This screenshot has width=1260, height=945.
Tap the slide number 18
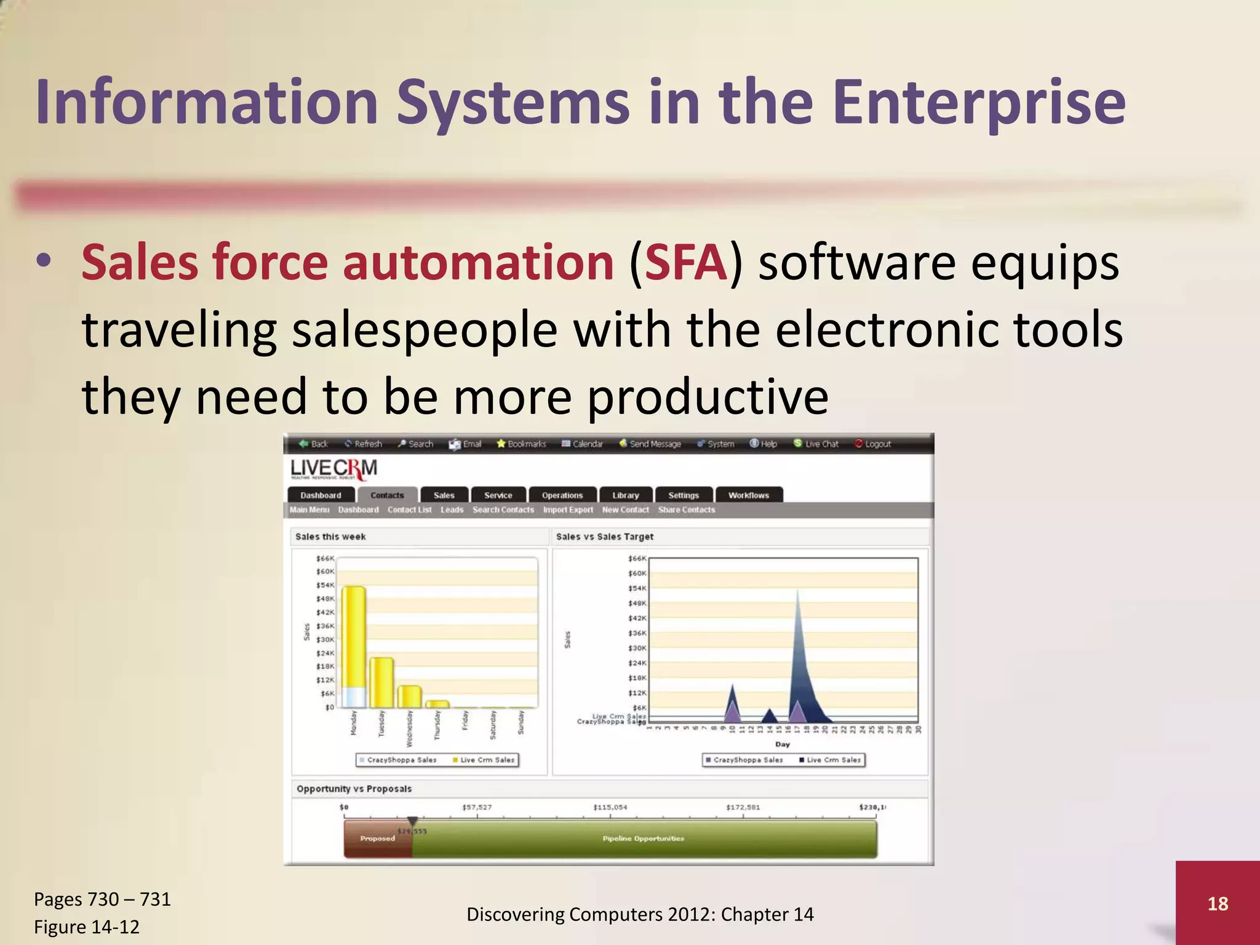1218,903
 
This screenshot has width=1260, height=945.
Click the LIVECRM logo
333,470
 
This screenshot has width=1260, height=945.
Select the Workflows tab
748,495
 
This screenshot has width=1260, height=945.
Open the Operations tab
562,495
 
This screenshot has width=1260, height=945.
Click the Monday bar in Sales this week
354,646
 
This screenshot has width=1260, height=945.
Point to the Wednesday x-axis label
409,729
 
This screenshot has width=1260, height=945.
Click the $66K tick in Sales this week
325,559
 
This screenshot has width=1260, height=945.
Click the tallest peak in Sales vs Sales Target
798,594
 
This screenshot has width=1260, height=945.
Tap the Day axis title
782,744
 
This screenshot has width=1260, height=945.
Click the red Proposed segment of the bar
377,839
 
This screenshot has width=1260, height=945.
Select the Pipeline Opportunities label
643,839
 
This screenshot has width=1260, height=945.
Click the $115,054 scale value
610,807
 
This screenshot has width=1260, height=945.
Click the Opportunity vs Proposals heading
354,789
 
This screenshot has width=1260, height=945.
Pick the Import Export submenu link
568,510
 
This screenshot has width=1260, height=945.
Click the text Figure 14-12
87,927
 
